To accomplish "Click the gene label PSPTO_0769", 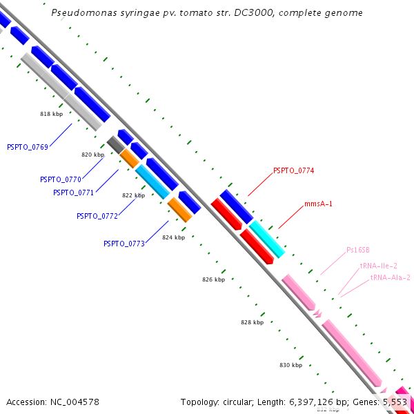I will tap(28, 147).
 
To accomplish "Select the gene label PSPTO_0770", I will tap(61, 179).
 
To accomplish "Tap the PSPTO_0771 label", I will tap(73, 193).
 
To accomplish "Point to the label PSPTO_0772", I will tap(97, 216).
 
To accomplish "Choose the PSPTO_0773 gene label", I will tap(124, 244).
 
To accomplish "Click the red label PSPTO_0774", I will tap(294, 170).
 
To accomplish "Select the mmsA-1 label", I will tap(319, 204).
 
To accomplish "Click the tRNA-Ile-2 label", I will tap(378, 266).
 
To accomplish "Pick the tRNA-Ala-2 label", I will tap(391, 277).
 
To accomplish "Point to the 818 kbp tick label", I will tap(51, 113).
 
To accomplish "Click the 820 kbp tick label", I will tap(92, 155).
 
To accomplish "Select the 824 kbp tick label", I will tap(173, 237).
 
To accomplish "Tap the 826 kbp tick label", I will tap(214, 279).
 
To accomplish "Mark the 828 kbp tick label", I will tap(253, 322).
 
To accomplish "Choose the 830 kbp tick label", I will tap(290, 365).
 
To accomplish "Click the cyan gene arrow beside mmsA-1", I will tap(266, 239).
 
